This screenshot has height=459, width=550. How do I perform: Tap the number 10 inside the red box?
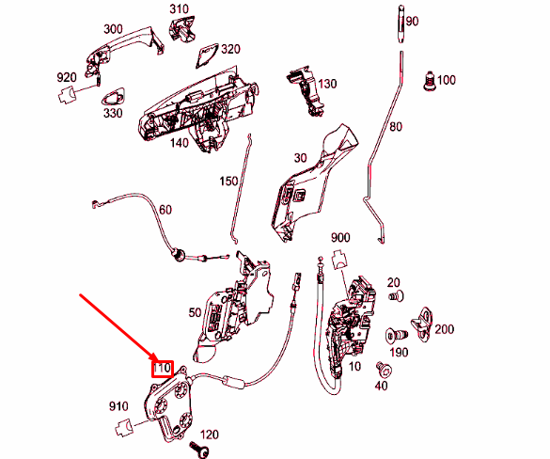pyautogui.click(x=163, y=367)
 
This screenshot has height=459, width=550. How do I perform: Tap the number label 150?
pyautogui.click(x=228, y=180)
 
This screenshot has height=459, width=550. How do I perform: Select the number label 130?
pyautogui.click(x=326, y=84)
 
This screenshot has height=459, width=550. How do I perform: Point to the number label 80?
pyautogui.click(x=395, y=126)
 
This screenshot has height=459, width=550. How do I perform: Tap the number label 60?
pyautogui.click(x=165, y=209)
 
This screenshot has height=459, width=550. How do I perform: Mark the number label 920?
pyautogui.click(x=66, y=77)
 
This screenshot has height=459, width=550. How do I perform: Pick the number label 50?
pyautogui.click(x=195, y=311)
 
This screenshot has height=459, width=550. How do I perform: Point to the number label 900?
pyautogui.click(x=339, y=237)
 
